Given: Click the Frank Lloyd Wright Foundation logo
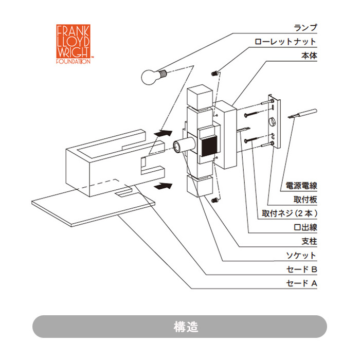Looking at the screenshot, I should (x=73, y=44).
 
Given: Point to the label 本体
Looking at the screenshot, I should (x=309, y=56).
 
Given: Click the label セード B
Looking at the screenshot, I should (x=301, y=269).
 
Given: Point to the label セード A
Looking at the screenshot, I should (x=301, y=283).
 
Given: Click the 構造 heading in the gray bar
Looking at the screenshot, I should (x=179, y=327).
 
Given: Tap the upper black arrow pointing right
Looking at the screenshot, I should (x=163, y=133).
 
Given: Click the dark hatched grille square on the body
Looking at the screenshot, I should (x=208, y=145).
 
